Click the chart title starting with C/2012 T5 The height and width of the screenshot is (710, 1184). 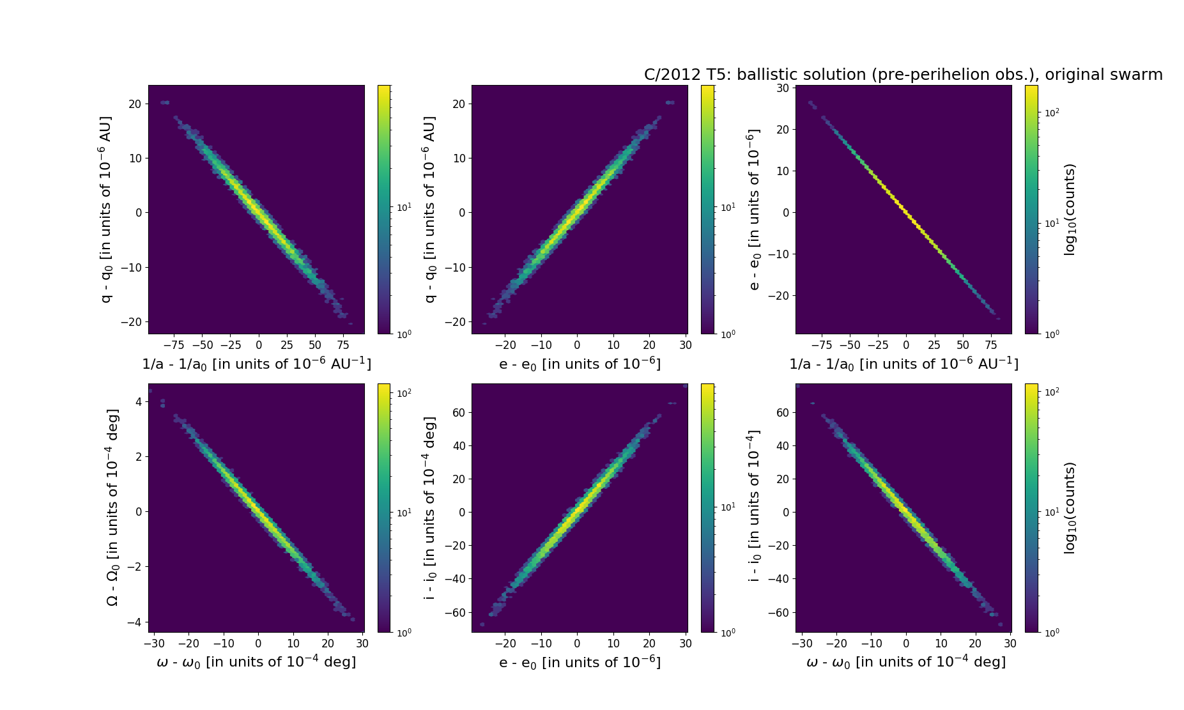coord(903,75)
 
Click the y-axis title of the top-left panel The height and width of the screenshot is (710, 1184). coord(107,209)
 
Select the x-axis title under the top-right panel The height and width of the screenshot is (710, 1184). coord(903,364)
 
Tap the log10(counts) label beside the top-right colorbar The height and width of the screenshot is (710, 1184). coord(1070,209)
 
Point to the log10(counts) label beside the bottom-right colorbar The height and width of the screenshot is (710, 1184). coord(1070,507)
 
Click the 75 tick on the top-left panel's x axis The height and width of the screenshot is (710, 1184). coord(343,346)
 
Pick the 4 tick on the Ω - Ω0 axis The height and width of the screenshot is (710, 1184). coord(138,401)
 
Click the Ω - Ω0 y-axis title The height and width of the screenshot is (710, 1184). coord(112,507)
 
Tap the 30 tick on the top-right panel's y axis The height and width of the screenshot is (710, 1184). coord(782,88)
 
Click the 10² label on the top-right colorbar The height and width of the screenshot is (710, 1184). coord(1052,112)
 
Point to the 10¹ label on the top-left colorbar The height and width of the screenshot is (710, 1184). coord(404,207)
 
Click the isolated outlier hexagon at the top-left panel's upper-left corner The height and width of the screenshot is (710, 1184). coord(165,102)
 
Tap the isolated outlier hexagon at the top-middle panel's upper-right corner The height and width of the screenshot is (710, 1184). coord(670,102)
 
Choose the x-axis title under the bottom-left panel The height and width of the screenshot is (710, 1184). coord(256,662)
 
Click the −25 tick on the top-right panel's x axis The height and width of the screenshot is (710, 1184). coord(878,346)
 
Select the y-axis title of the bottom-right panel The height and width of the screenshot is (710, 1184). coord(755,507)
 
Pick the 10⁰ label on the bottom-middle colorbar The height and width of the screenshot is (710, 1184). coord(728,632)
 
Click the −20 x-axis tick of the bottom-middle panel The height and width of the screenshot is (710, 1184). coord(505,644)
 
